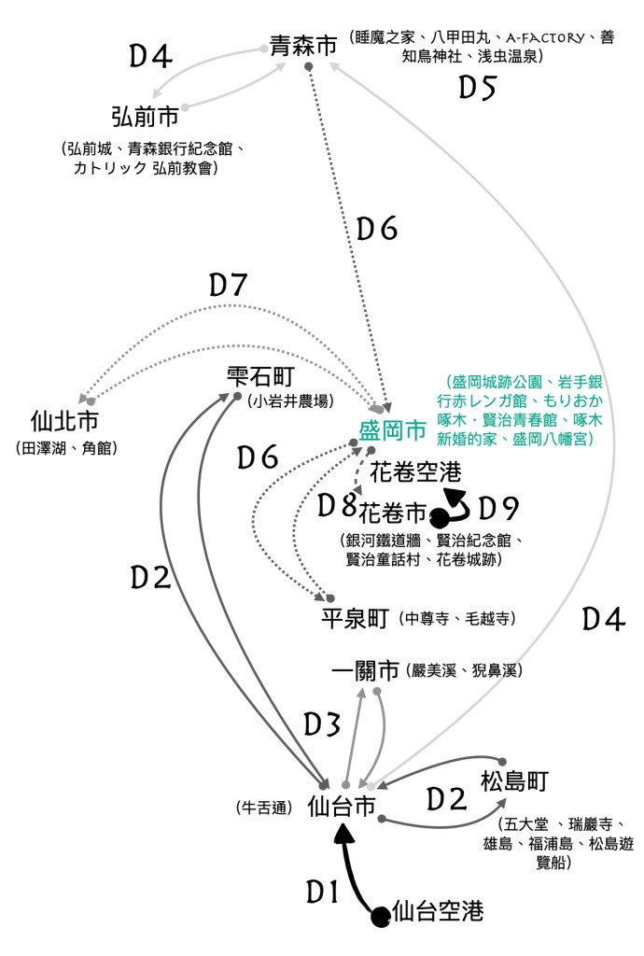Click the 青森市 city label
(x=303, y=45)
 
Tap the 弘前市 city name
(x=145, y=116)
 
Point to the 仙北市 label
(x=64, y=421)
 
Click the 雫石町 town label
(x=260, y=376)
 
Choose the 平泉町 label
(x=356, y=618)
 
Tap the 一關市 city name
(x=366, y=670)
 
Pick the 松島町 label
(x=515, y=781)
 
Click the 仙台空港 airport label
(x=438, y=911)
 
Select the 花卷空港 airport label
(x=415, y=471)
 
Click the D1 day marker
(x=322, y=893)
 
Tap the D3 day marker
(x=322, y=724)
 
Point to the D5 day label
(x=477, y=88)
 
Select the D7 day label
(x=228, y=285)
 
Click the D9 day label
(x=497, y=508)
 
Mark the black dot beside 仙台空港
(x=381, y=917)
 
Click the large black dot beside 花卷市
(x=439, y=518)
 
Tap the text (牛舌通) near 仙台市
(x=264, y=808)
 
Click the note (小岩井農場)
(x=291, y=401)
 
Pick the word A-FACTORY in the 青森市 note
(x=545, y=38)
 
